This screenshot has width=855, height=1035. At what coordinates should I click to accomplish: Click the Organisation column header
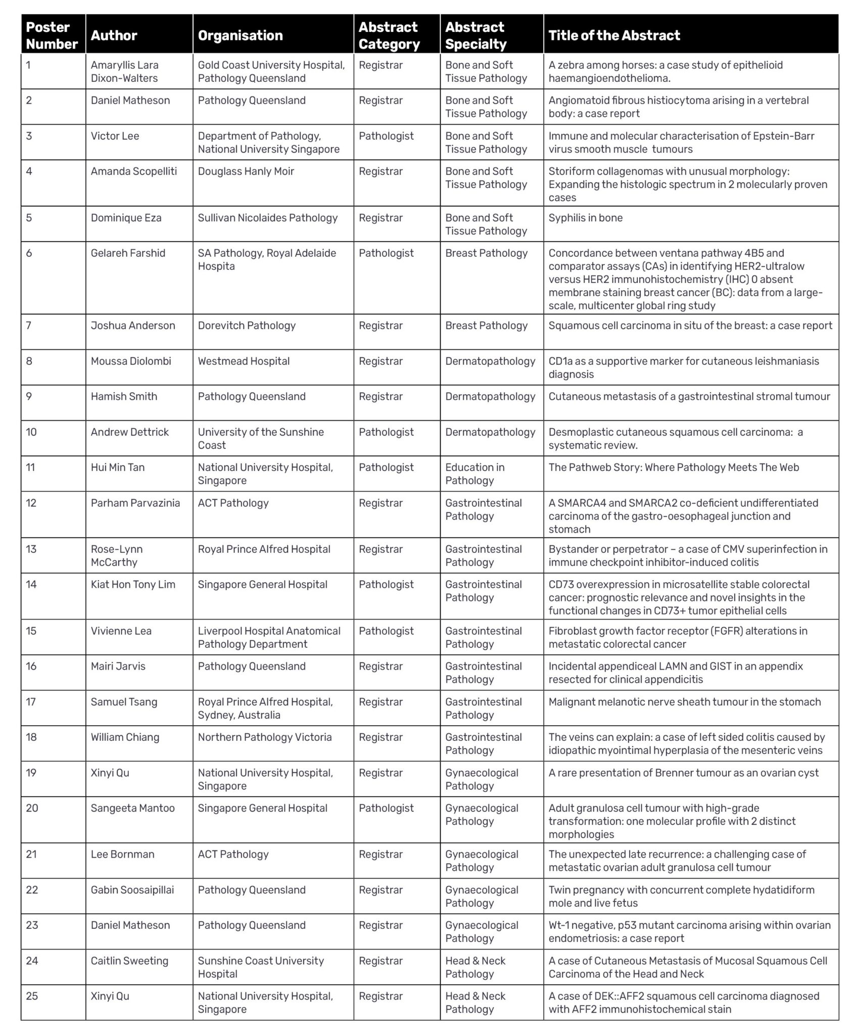pos(240,35)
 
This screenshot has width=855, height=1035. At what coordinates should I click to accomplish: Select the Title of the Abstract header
pos(614,35)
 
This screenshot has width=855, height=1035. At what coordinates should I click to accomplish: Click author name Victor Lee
pos(115,136)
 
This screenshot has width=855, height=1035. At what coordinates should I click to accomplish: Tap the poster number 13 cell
pos(31,549)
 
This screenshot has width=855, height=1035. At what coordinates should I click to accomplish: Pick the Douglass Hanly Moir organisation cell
pos(246,171)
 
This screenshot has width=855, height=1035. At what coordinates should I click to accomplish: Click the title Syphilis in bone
pos(585,218)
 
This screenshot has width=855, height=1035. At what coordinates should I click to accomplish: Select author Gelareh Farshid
pos(128,253)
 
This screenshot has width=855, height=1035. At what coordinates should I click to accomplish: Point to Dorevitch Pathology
pos(247,325)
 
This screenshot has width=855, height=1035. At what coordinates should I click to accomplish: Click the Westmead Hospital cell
pos(244,361)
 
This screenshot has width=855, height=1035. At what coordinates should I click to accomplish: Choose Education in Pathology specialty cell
pos(474,474)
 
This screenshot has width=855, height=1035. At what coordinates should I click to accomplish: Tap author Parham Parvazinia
pos(135,503)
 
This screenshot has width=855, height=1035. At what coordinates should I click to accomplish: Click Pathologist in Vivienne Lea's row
pos(386,631)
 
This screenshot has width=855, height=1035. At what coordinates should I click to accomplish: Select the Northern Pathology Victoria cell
pos(265,737)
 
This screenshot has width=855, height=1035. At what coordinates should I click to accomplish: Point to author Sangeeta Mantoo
pos(132,808)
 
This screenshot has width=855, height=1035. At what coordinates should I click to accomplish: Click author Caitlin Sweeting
pos(129,961)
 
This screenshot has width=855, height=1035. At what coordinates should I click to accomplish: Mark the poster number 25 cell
pos(32,996)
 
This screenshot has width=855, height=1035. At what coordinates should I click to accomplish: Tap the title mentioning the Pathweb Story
pos(674,467)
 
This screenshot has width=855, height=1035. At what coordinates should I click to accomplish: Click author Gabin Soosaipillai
pos(132,890)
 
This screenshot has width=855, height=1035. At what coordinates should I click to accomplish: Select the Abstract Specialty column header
pos(475,35)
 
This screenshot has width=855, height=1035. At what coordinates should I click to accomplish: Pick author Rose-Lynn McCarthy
pos(117,555)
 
